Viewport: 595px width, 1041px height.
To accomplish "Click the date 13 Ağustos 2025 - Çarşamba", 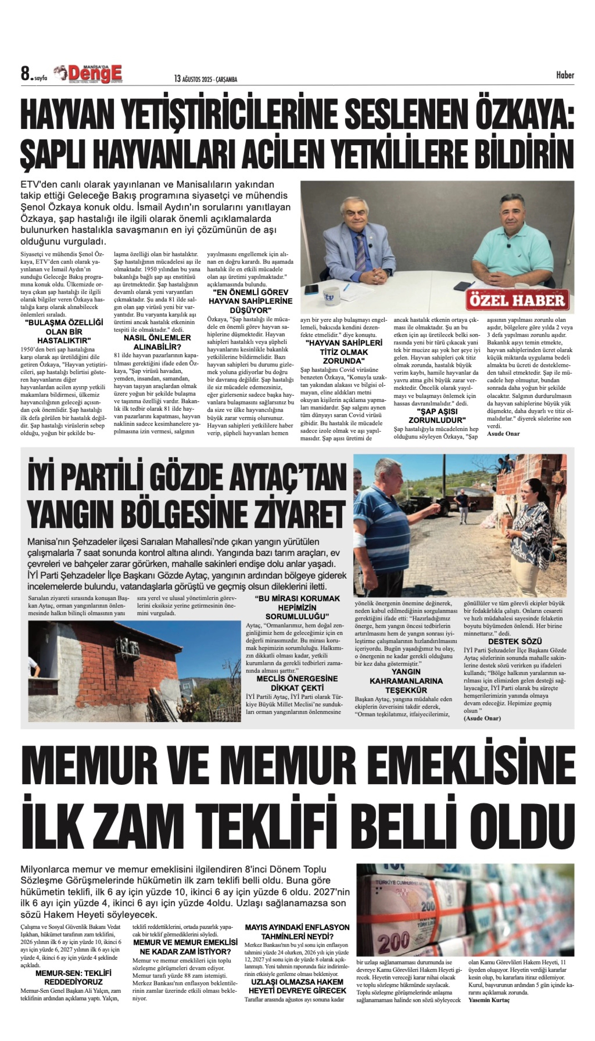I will [x=205, y=79].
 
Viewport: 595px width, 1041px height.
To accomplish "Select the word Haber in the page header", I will [x=565, y=75].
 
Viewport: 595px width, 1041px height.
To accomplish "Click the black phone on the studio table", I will [x=311, y=289].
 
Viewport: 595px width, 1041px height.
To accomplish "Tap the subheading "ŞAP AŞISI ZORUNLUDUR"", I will [x=437, y=415].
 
